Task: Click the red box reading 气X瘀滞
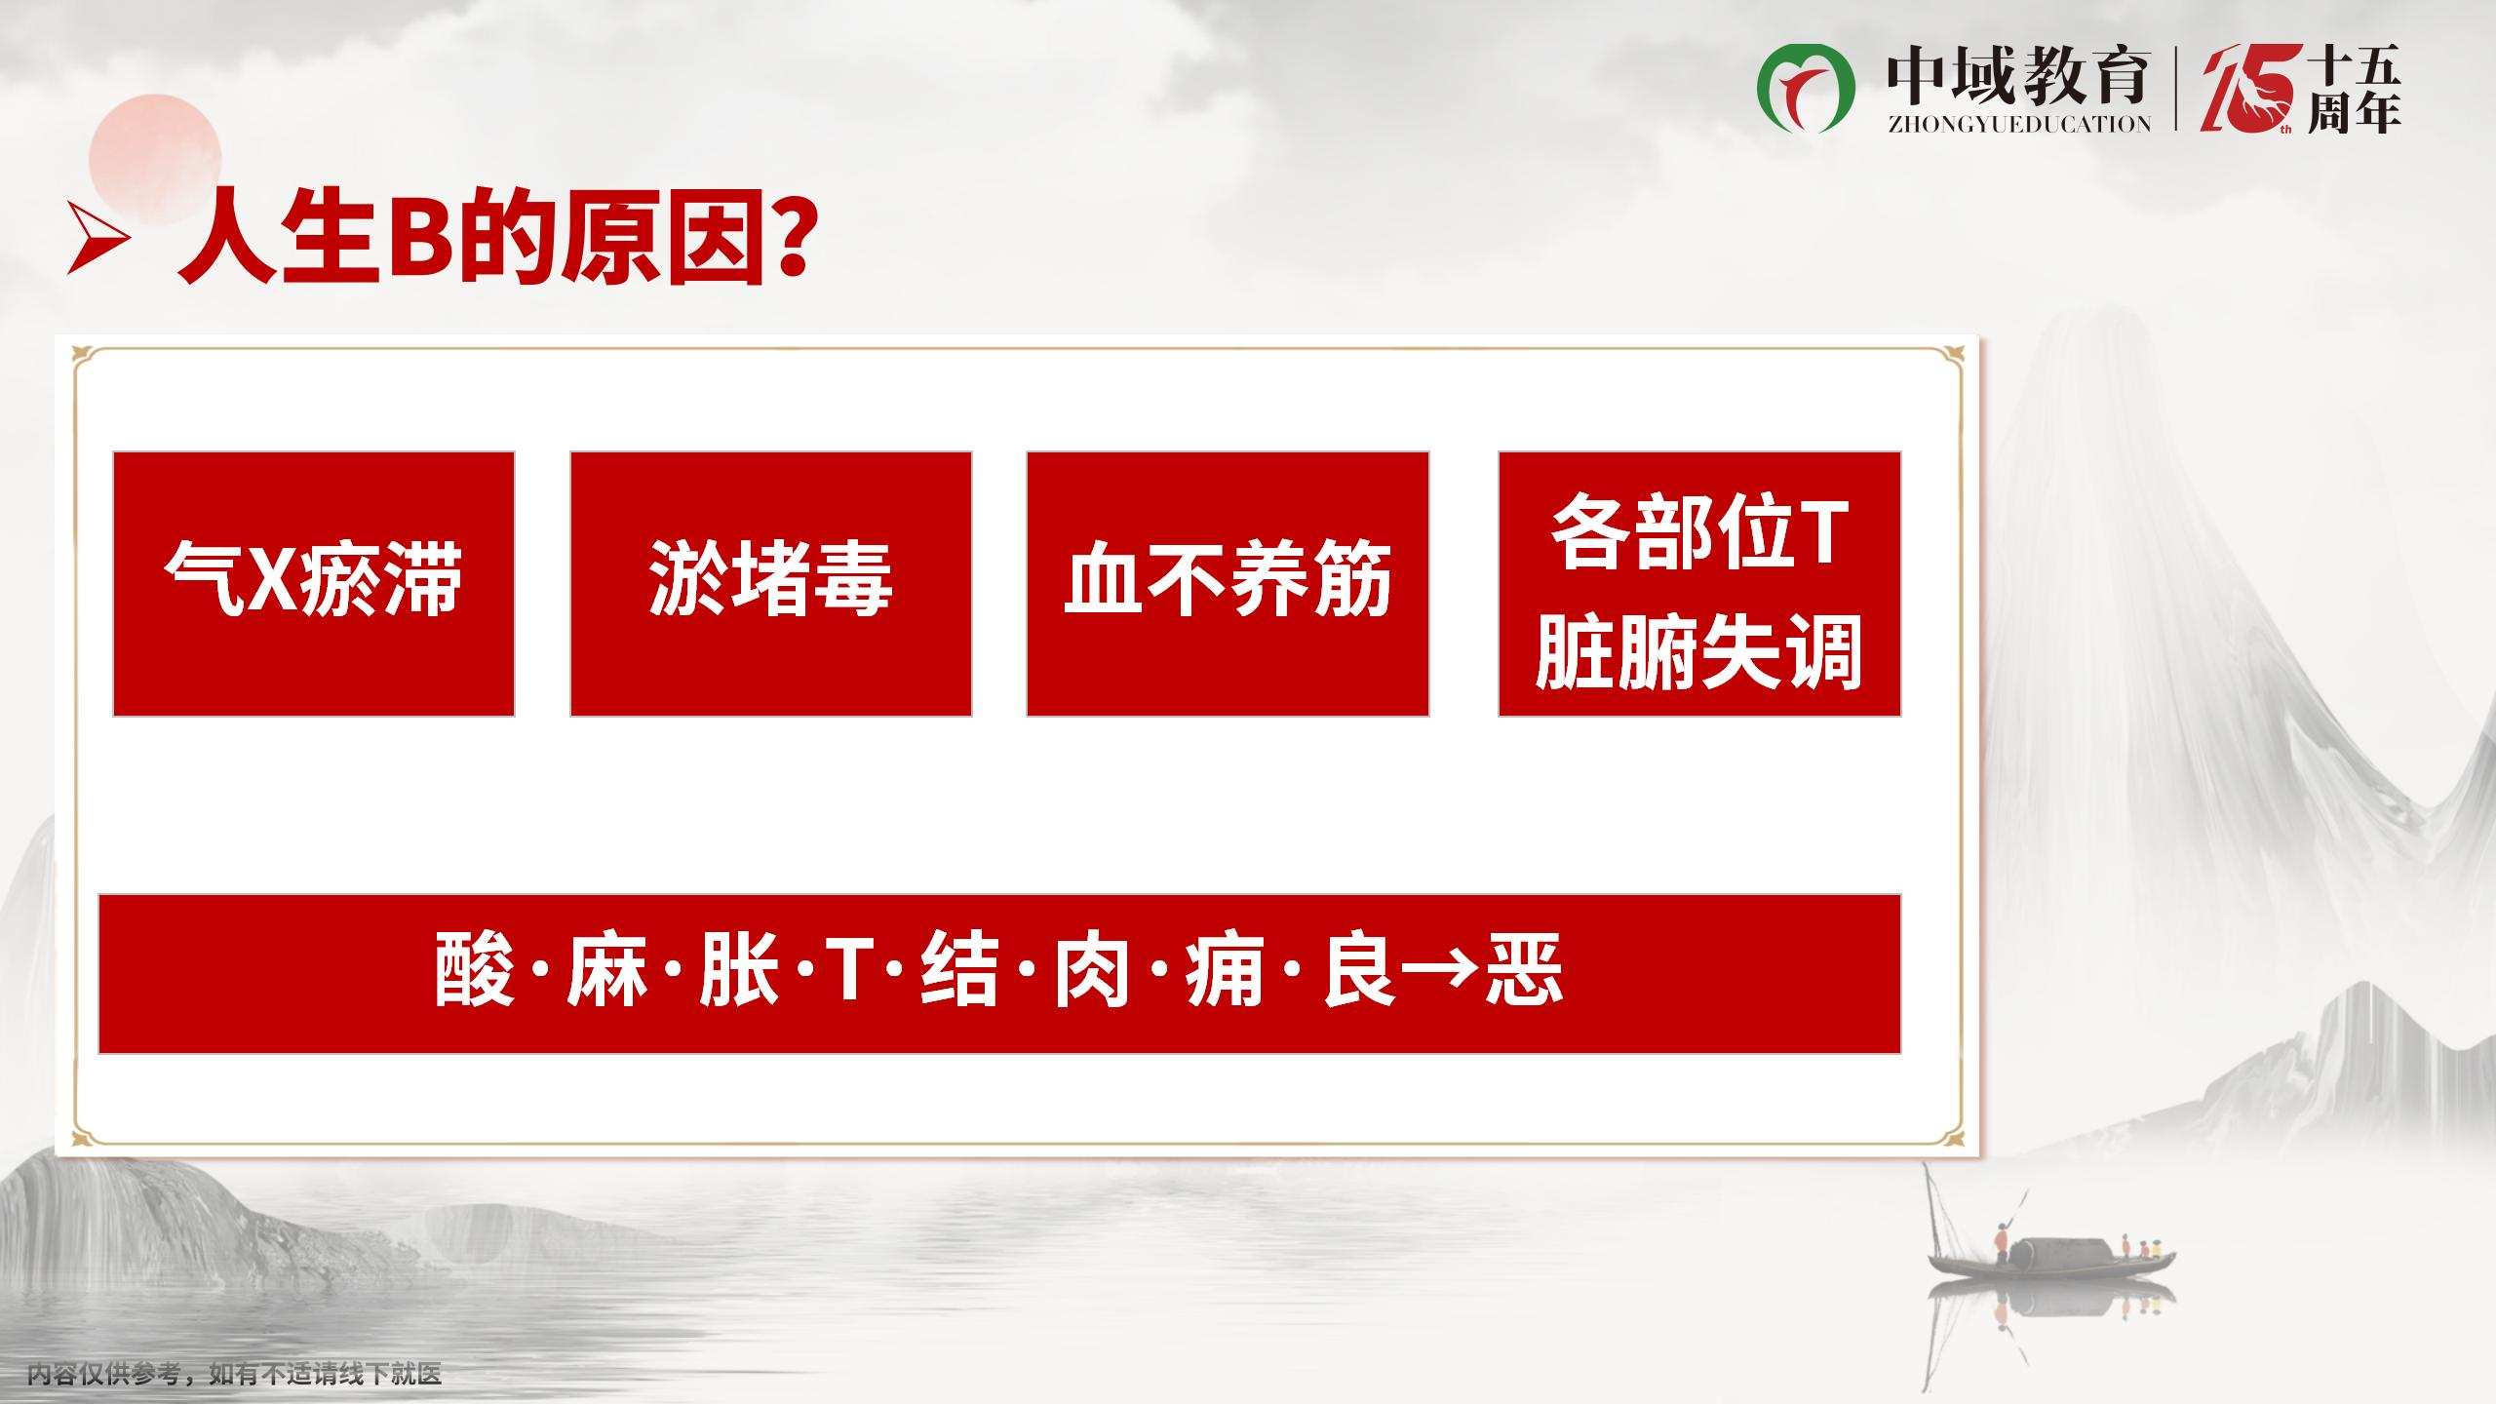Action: coord(314,584)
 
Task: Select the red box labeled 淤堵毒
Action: coord(771,584)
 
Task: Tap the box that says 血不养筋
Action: coord(1228,584)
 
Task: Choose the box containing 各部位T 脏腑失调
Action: coord(1699,584)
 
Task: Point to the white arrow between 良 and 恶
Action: coord(1441,972)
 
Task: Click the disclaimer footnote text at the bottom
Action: coord(235,1375)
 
